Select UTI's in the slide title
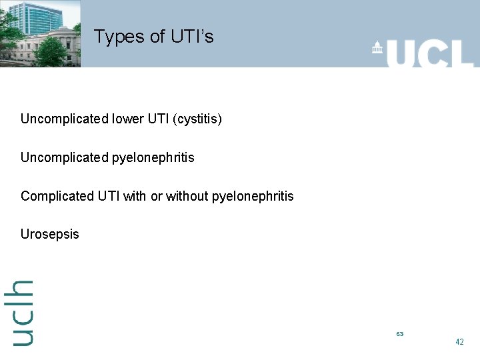[193, 36]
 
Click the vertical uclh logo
[22, 312]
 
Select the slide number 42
[459, 341]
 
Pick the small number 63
[399, 333]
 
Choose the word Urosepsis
[50, 234]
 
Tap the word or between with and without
[156, 196]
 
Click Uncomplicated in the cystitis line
[64, 119]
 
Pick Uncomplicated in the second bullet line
[64, 157]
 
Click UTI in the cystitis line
[157, 119]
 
